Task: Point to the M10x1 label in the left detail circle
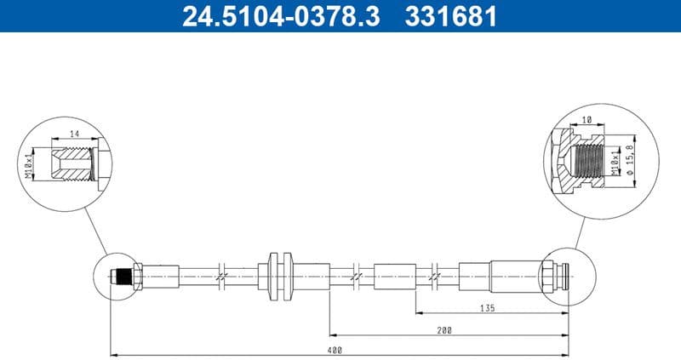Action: point(30,161)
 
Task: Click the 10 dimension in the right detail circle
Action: point(587,120)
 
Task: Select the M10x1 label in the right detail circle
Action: point(615,159)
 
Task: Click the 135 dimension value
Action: point(487,308)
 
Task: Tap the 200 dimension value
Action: point(445,330)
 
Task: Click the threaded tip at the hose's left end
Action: point(123,277)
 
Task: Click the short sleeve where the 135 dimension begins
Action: point(394,277)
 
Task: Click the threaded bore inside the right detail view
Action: point(591,158)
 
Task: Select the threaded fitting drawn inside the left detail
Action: point(73,162)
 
